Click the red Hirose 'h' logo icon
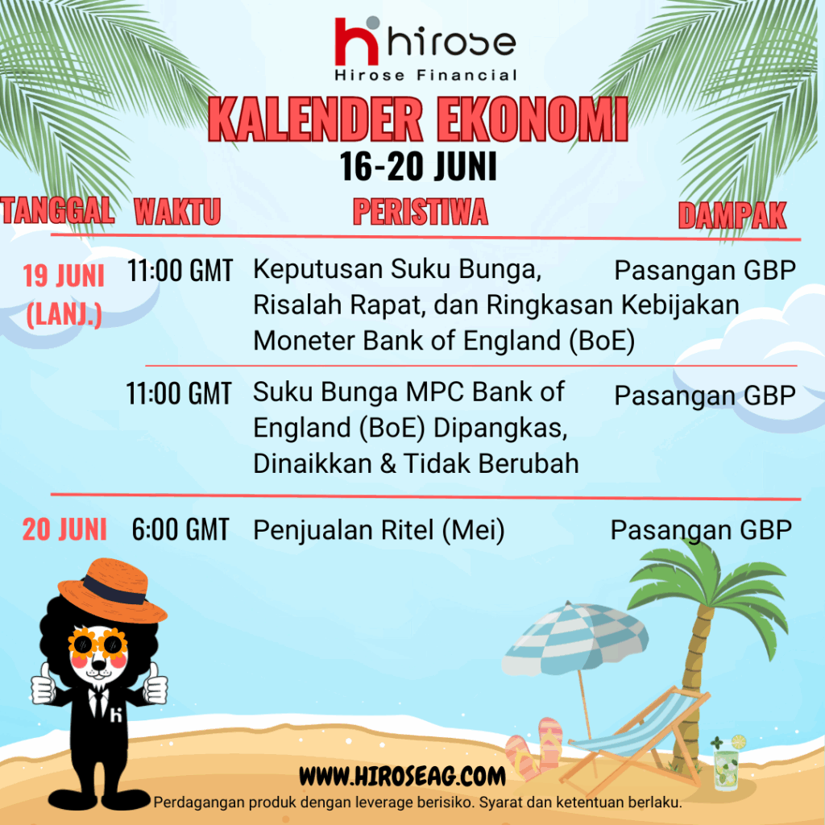tap(357, 41)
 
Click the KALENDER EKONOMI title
tap(418, 119)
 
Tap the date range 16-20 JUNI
tap(418, 167)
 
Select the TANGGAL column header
tap(57, 210)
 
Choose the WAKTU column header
tap(177, 212)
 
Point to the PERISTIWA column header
tap(421, 212)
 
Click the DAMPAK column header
tap(732, 215)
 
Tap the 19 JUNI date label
tap(64, 276)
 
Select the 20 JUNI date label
tap(64, 529)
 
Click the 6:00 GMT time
tap(180, 529)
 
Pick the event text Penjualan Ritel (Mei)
tap(379, 530)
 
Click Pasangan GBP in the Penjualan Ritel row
tap(702, 530)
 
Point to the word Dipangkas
tap(500, 429)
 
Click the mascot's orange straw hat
tap(112, 591)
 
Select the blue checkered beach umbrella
tap(575, 638)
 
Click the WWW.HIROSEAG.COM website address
tap(402, 776)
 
